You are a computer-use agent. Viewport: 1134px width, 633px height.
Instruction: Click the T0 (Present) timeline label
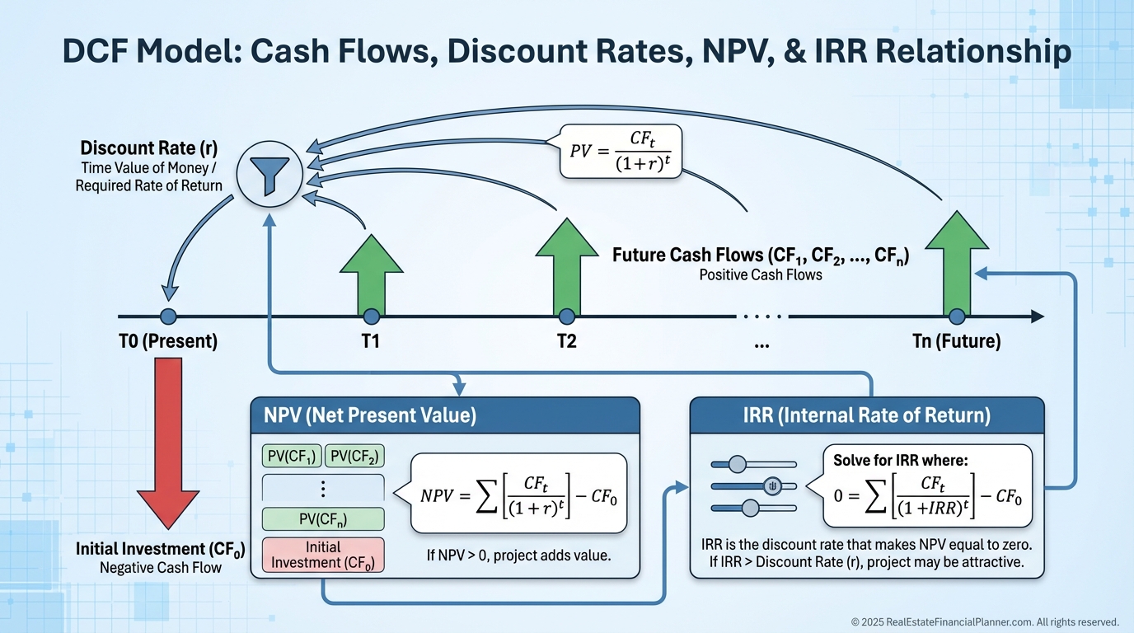pos(168,341)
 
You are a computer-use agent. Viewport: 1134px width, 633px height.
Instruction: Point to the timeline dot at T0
pos(168,316)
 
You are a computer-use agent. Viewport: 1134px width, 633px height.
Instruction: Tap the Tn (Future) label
pos(956,341)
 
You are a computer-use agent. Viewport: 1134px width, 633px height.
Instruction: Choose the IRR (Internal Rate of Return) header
pos(867,415)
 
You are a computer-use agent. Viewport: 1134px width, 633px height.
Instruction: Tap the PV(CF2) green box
pos(355,456)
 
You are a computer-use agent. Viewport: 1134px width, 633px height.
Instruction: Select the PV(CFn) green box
pos(323,519)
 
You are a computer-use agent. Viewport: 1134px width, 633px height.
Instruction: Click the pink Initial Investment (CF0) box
pos(323,555)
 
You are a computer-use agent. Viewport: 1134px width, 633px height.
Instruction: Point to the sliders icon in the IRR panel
pos(753,485)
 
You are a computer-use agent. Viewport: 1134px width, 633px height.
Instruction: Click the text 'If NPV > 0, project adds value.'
pos(518,555)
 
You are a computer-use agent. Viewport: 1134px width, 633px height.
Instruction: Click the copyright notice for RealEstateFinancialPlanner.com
pos(984,622)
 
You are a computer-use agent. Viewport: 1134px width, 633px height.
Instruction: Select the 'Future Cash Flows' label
pos(760,256)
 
